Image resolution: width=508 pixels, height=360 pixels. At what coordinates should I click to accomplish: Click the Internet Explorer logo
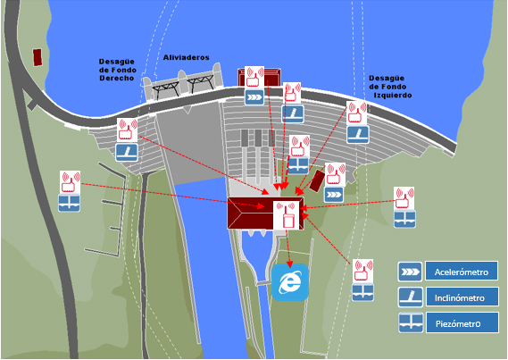click(290, 282)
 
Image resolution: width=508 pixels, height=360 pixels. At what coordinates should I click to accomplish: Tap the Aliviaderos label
click(186, 57)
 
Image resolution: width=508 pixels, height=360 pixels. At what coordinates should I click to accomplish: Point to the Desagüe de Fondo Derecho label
click(117, 70)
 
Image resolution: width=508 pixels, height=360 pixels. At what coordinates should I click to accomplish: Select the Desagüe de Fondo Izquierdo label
click(390, 87)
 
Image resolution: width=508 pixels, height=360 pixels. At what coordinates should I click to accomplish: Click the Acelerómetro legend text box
click(462, 272)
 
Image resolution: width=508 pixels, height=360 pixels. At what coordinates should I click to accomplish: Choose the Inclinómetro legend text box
click(462, 297)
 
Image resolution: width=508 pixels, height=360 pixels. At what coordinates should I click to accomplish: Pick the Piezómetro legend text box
click(462, 322)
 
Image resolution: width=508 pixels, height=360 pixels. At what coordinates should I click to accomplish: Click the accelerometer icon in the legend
click(410, 272)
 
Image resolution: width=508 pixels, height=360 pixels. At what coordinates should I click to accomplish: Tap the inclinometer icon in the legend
click(410, 297)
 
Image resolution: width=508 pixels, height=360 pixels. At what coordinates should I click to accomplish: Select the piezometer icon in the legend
click(411, 322)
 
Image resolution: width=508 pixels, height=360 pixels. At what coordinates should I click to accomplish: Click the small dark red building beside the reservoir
click(37, 57)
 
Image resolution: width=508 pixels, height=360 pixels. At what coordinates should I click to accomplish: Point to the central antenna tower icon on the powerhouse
click(287, 215)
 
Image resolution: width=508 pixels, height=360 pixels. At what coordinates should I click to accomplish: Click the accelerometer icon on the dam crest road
click(254, 97)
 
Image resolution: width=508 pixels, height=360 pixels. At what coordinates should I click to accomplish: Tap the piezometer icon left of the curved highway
click(70, 203)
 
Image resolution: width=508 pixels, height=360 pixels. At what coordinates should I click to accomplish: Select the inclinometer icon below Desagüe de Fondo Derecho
click(127, 153)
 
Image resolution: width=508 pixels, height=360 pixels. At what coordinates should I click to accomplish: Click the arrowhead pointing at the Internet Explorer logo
click(290, 264)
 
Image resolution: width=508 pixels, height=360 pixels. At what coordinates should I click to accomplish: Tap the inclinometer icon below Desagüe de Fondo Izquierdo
click(358, 135)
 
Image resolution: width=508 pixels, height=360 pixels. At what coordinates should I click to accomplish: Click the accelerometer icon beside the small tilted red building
click(334, 195)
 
